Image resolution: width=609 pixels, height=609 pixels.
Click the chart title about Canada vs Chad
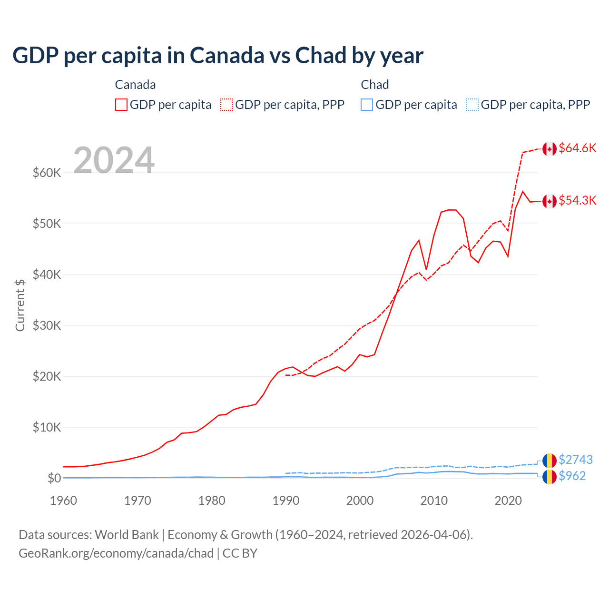(217, 56)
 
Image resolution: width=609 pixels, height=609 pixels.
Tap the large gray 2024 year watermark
(114, 160)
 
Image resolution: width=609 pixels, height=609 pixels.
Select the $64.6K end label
(577, 148)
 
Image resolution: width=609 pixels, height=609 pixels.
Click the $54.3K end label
(577, 200)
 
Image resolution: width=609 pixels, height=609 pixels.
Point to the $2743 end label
(575, 460)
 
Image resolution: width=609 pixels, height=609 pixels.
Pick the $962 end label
(572, 476)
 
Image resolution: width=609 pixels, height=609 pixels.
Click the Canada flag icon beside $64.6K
(550, 149)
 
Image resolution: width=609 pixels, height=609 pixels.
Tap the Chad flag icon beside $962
(550, 477)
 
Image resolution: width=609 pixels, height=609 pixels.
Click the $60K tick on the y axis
(47, 173)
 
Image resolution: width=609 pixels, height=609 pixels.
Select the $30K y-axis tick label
(47, 325)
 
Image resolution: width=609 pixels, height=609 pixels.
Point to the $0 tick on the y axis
(54, 478)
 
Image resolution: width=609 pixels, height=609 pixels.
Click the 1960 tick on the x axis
(64, 501)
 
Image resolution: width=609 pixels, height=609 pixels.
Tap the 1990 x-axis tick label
(286, 501)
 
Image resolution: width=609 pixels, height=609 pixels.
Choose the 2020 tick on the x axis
(508, 501)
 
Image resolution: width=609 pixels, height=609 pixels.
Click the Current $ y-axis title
(20, 305)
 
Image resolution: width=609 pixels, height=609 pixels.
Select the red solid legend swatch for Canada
(121, 105)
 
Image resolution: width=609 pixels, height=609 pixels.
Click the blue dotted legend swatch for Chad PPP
(472, 105)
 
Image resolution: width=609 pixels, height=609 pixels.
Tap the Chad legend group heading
(375, 85)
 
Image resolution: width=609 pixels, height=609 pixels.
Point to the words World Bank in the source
(127, 535)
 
